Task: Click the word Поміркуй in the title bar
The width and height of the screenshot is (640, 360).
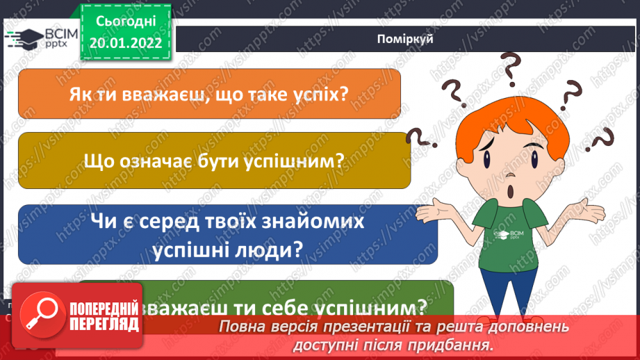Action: click(x=406, y=39)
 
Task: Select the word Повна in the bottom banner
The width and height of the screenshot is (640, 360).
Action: click(x=243, y=327)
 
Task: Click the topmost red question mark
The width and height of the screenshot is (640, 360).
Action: click(x=511, y=68)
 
